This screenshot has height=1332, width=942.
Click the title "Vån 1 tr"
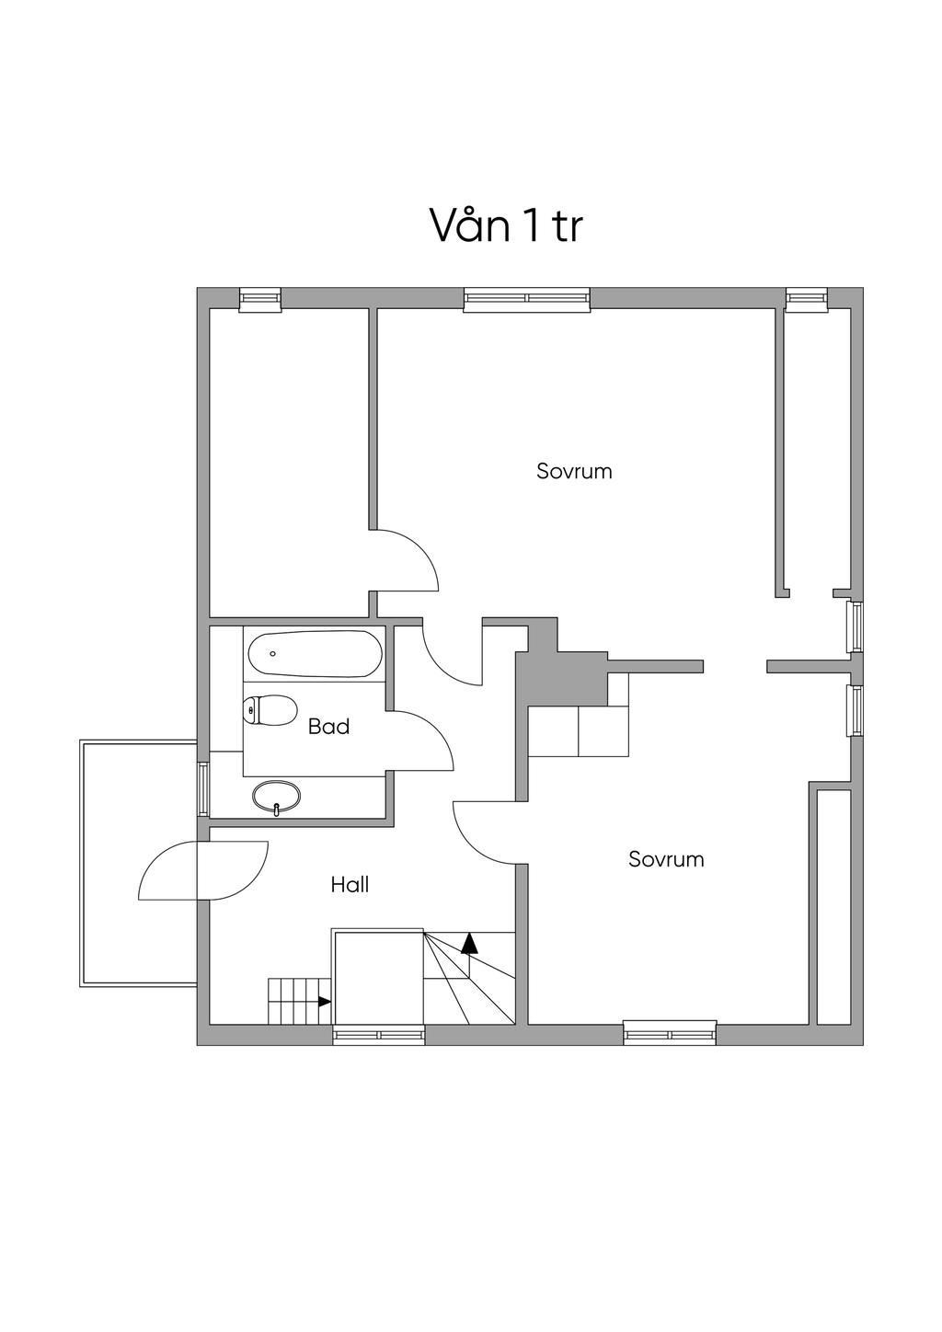tap(506, 225)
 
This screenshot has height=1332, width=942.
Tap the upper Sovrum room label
tap(574, 471)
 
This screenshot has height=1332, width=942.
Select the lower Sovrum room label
tap(666, 859)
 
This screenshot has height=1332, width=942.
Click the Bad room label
tap(328, 727)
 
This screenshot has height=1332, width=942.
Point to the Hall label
tap(350, 885)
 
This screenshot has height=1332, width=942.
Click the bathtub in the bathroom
tap(315, 654)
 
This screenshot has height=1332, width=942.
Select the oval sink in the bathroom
tap(276, 797)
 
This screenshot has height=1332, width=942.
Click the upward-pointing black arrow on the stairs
tap(470, 942)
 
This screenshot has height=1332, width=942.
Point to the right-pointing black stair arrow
tap(324, 1001)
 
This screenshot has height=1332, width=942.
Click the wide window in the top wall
tap(526, 298)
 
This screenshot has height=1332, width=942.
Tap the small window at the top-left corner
tap(259, 298)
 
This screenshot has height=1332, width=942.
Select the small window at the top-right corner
tap(807, 298)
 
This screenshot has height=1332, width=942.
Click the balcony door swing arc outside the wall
tap(166, 874)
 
